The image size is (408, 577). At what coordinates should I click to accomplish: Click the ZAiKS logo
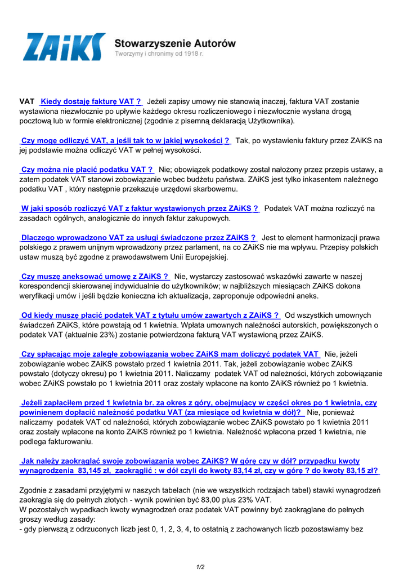coord(64,47)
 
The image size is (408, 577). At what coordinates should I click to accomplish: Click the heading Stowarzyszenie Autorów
coord(175,43)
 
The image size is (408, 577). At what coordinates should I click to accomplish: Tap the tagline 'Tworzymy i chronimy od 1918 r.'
coord(159,54)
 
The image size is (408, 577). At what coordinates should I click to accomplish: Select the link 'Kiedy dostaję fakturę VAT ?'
coord(91,101)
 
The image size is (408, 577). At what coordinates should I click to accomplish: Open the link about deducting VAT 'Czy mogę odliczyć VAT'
coord(125,141)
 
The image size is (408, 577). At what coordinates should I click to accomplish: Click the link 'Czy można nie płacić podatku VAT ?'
coord(87,169)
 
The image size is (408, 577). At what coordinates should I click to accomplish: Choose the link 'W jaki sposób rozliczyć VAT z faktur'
coord(140,208)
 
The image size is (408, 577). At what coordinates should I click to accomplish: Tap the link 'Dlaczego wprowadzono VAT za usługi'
coord(138,238)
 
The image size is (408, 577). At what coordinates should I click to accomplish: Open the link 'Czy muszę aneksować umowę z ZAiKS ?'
coord(95,277)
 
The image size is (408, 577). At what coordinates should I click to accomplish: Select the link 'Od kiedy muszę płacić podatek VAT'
coord(150,315)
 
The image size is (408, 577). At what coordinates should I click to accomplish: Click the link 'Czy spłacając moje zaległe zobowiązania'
coord(170,354)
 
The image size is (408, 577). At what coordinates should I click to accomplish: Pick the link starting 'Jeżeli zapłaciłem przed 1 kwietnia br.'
coord(199,403)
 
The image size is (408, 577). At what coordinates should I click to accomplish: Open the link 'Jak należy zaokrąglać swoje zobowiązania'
coord(190,461)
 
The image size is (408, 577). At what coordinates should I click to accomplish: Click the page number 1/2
coord(200,567)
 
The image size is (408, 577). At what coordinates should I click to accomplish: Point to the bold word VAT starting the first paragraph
coord(27,101)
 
